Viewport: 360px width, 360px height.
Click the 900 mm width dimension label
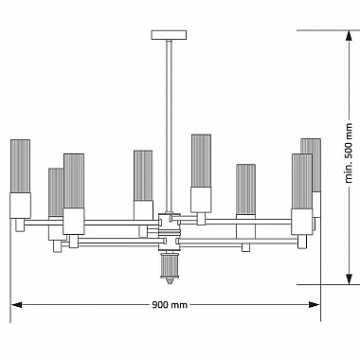(170, 305)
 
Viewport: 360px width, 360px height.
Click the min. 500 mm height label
(349, 153)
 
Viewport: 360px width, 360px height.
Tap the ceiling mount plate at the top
(169, 35)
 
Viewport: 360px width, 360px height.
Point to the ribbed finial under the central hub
(170, 266)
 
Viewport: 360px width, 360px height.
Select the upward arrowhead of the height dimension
(349, 35)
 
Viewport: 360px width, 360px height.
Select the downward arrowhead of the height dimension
(349, 279)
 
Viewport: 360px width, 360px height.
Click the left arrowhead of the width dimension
(16, 304)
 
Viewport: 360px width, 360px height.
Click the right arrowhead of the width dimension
(314, 304)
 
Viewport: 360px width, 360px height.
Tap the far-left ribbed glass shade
(21, 166)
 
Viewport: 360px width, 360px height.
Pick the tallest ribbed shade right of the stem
(201, 161)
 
